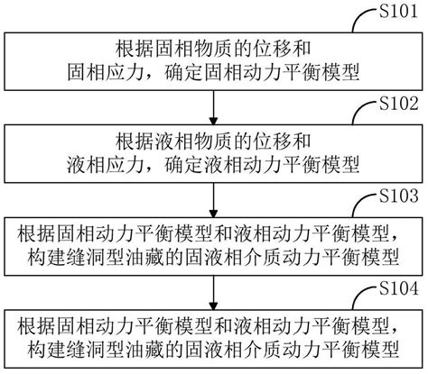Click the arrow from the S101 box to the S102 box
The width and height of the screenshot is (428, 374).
[x=213, y=101]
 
